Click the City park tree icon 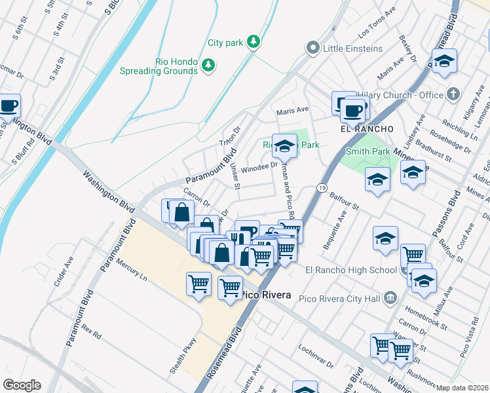click(x=254, y=43)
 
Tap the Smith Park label click(x=367, y=151)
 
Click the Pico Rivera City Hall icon click(x=390, y=298)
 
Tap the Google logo click(x=22, y=385)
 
